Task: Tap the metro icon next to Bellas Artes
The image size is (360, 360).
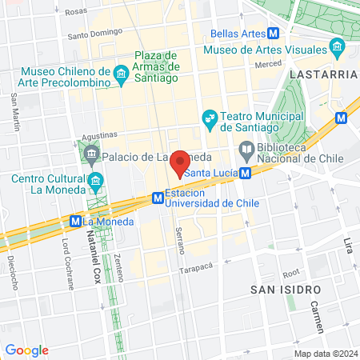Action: [x=274, y=34]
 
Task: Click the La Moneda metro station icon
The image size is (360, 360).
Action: [x=75, y=221]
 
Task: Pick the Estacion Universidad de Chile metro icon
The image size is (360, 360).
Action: [x=158, y=197]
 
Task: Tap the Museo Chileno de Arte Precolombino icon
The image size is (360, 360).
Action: [x=121, y=76]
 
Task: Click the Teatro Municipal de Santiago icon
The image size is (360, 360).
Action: [x=210, y=119]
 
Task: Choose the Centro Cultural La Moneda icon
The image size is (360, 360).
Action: [x=97, y=179]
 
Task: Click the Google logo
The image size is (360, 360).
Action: [x=26, y=350]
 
